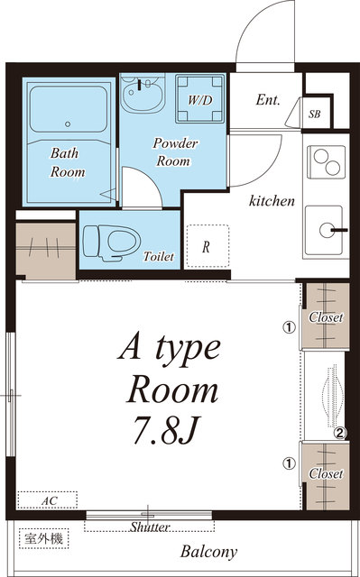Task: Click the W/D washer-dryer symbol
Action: point(200,98)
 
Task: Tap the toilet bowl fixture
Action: point(112,243)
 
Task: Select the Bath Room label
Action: point(67,162)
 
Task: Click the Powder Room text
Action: point(174,152)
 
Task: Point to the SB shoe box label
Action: point(314,114)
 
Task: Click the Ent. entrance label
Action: point(268,100)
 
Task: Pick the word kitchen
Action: point(272,201)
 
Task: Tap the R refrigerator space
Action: point(208,246)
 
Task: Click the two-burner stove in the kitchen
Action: point(326,162)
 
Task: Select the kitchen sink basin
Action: point(324,231)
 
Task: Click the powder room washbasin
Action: point(142,94)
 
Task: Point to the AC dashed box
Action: point(48,499)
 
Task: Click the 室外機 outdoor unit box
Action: point(44,539)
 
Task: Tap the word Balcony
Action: point(208,552)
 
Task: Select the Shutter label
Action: point(149,527)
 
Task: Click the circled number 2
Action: point(340,434)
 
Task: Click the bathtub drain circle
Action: point(68,124)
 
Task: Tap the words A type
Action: point(169,349)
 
